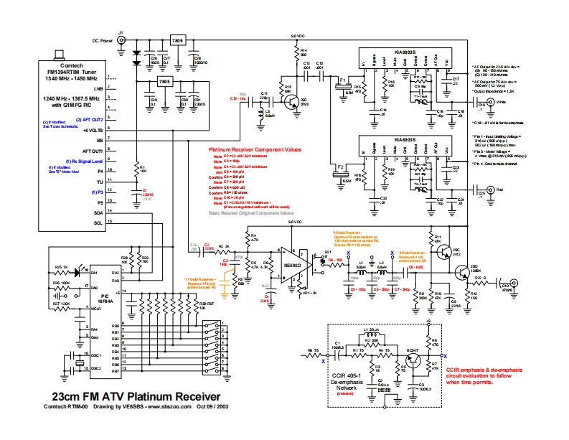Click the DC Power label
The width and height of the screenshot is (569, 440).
pyautogui.click(x=103, y=42)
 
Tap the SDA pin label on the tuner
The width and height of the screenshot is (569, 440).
pyautogui.click(x=99, y=213)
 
